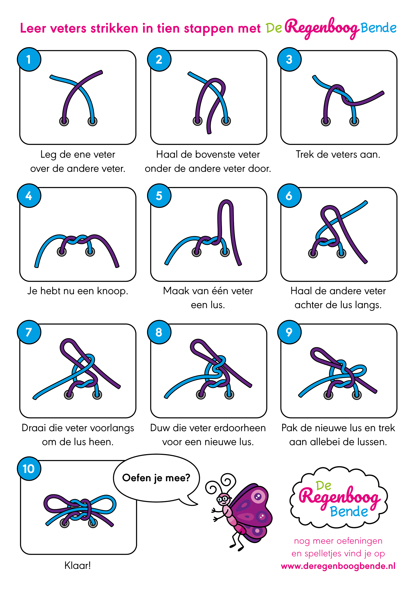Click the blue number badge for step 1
tap(29, 59)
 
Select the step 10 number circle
tap(29, 469)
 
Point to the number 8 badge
tap(159, 332)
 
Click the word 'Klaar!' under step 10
tap(78, 565)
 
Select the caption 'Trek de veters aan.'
tap(338, 154)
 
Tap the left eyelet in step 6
tap(313, 254)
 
